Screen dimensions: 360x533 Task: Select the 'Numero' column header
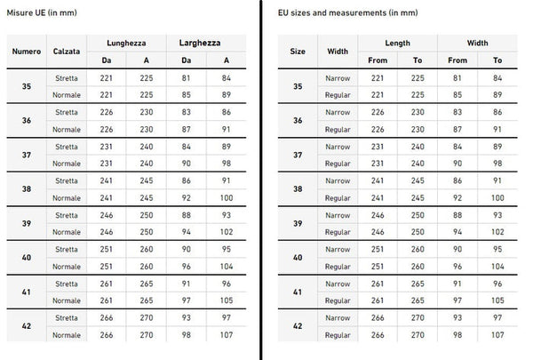(27, 51)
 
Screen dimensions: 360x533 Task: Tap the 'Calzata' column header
(68, 51)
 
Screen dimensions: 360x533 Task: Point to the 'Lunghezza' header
(126, 42)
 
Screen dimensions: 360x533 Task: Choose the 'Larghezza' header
(200, 42)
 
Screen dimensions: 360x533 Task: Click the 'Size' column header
(298, 51)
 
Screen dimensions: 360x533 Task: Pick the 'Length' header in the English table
(397, 42)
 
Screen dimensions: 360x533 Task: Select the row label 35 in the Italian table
(27, 85)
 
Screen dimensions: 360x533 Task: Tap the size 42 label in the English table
(298, 325)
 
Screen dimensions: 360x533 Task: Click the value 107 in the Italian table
(227, 334)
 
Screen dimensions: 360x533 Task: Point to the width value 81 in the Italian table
(185, 77)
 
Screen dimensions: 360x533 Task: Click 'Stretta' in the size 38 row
(67, 180)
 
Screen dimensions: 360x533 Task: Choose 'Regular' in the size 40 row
(338, 265)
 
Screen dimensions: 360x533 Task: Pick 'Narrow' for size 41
(338, 284)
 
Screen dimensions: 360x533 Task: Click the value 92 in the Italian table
(185, 196)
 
